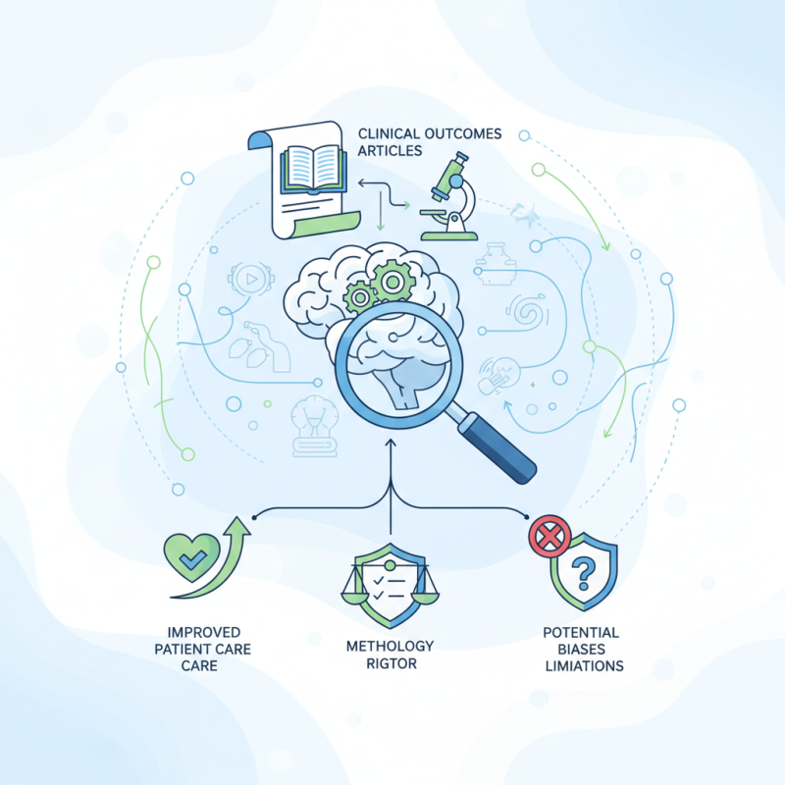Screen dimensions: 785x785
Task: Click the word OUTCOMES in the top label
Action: click(x=462, y=133)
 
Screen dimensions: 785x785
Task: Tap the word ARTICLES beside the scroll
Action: click(x=390, y=151)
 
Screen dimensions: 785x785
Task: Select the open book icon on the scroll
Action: click(x=313, y=169)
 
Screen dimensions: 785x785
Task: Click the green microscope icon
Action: click(x=449, y=197)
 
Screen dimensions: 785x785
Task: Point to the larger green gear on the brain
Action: click(x=392, y=282)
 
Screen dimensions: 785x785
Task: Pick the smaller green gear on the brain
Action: click(x=360, y=297)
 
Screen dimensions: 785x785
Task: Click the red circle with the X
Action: click(x=550, y=537)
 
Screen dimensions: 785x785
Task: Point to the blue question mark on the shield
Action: click(x=583, y=574)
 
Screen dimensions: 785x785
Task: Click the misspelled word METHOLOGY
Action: click(x=390, y=646)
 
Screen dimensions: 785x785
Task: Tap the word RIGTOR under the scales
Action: click(x=392, y=664)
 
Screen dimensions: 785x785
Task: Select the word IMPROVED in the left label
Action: click(x=204, y=632)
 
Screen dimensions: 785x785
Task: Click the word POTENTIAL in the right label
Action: click(x=581, y=632)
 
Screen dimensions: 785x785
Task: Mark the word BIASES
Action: click(x=581, y=650)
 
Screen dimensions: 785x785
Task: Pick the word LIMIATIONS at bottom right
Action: click(x=584, y=666)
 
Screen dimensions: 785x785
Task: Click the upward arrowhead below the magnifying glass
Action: click(x=391, y=443)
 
